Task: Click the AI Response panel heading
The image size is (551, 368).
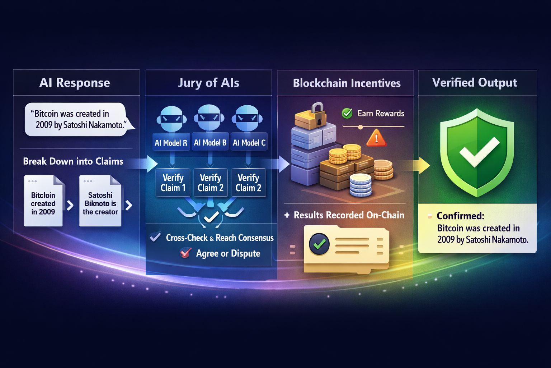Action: (x=75, y=83)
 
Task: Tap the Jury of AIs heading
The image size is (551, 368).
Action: (x=208, y=83)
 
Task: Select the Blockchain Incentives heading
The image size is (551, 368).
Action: (x=347, y=83)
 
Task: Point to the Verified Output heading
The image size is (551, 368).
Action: (x=474, y=83)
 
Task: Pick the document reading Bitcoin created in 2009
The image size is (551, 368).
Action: (x=43, y=202)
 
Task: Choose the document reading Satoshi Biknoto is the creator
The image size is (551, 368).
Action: (x=100, y=202)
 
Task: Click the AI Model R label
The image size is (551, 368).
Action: (x=171, y=143)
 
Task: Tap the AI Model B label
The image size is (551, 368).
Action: (x=210, y=143)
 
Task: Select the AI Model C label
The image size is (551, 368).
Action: (x=249, y=143)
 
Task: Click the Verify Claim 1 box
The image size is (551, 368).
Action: (x=173, y=183)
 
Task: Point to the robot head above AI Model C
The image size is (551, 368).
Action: (x=247, y=118)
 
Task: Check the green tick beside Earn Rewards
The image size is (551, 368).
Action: (x=347, y=114)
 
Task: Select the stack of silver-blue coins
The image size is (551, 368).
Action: (x=361, y=185)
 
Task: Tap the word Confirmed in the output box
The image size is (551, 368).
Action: (x=460, y=216)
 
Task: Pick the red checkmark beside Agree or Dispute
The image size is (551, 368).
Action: (x=185, y=253)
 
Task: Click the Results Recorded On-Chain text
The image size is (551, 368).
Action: (x=349, y=215)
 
